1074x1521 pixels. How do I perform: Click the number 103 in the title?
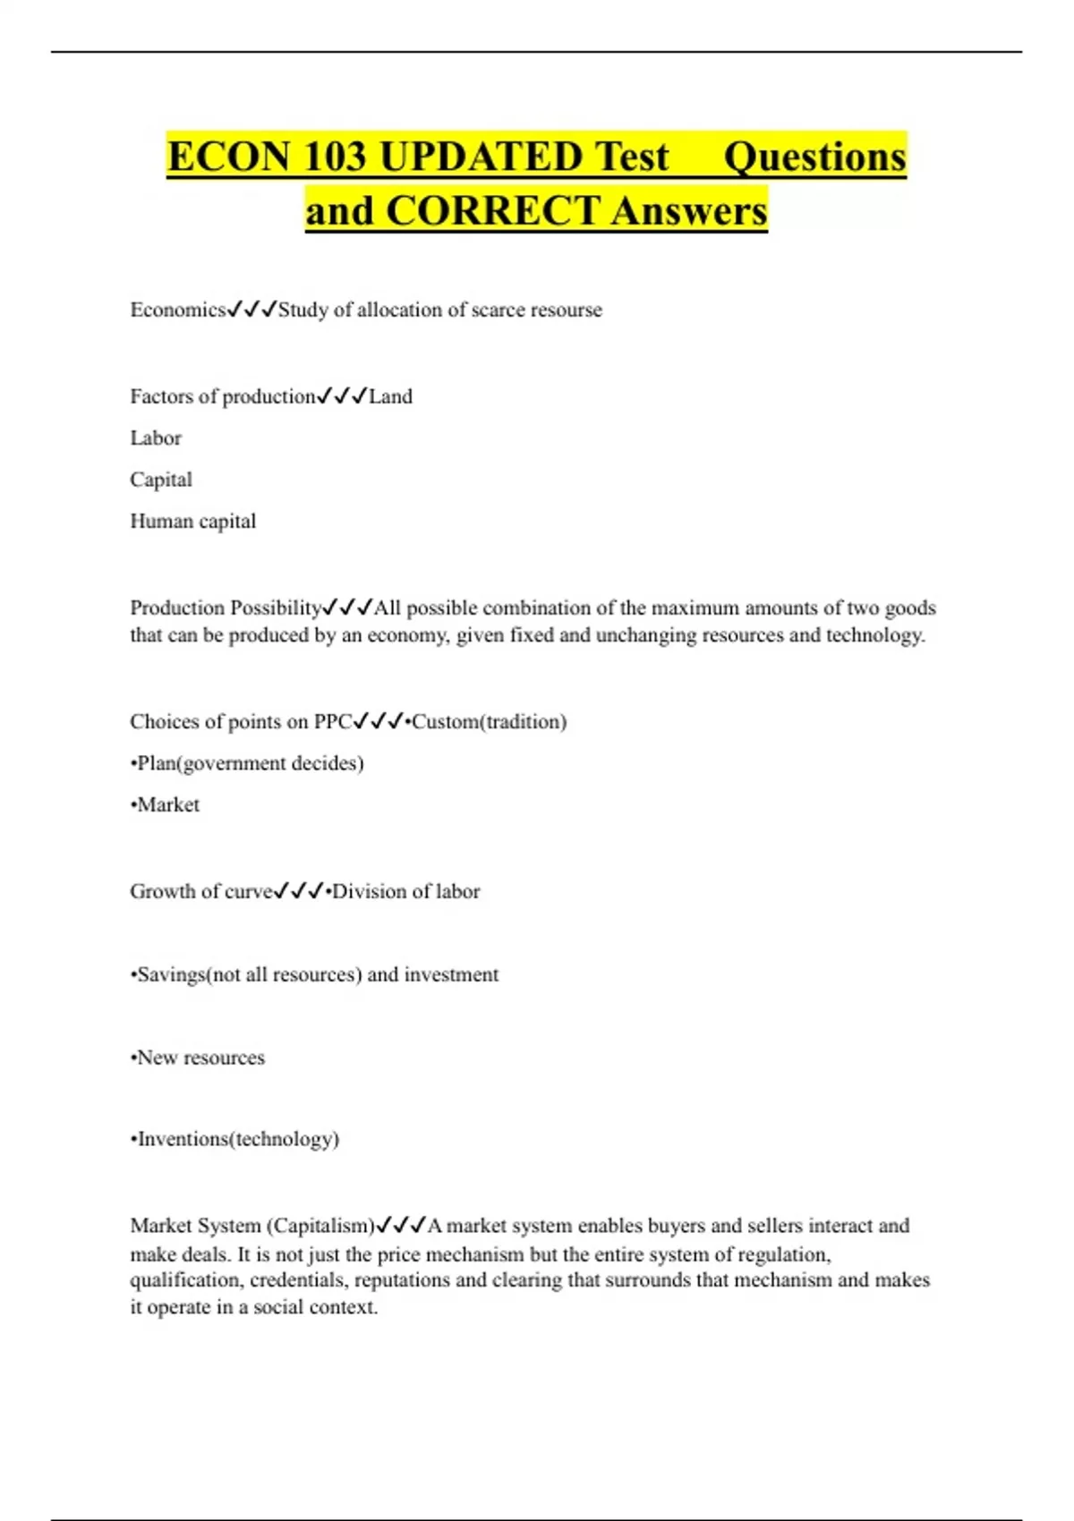335,157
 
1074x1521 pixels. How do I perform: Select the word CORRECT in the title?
492,211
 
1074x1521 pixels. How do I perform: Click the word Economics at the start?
177,310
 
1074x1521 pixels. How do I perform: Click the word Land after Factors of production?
390,396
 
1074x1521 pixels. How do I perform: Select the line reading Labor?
156,438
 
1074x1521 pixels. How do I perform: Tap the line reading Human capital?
192,521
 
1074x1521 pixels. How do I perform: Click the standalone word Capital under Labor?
161,480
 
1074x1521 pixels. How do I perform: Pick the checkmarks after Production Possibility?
347,608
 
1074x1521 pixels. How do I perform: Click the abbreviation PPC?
332,721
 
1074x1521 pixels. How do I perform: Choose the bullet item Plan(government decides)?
247,763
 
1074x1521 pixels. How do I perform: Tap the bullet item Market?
166,804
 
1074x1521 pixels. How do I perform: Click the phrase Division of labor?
405,891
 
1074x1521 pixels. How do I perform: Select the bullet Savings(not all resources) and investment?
314,974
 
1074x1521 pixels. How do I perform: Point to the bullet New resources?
198,1058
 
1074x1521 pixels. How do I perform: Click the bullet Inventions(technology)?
234,1139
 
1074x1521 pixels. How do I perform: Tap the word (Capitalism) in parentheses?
320,1225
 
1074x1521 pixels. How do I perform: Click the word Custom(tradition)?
489,721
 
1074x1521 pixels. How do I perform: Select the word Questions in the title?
814,157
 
